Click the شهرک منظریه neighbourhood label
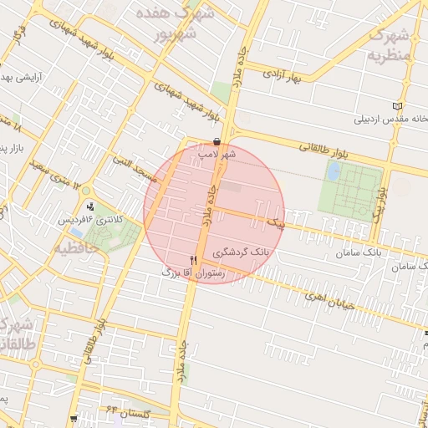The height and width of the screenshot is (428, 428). [390, 45]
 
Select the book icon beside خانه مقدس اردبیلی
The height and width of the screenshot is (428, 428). [397, 106]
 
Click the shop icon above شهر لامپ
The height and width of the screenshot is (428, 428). [217, 142]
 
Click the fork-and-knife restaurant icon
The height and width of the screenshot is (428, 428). [194, 261]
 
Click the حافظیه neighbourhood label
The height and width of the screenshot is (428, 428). [81, 248]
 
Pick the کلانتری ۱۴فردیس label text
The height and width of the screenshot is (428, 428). [89, 219]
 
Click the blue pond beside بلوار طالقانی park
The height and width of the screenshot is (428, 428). [334, 172]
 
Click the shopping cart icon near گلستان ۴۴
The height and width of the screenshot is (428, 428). [76, 417]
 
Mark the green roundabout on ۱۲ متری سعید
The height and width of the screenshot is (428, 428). [86, 191]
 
